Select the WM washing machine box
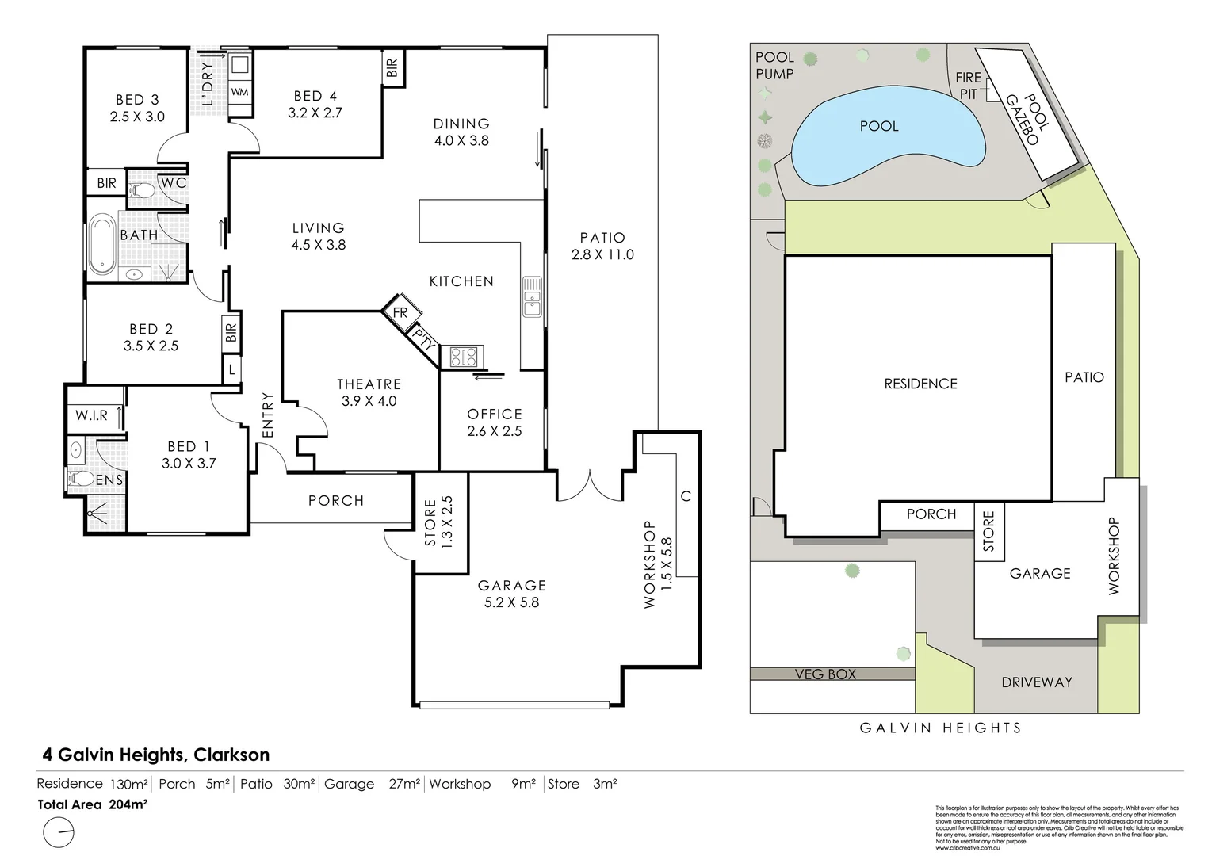(x=240, y=92)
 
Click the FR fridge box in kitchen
(x=400, y=312)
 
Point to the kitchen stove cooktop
(x=462, y=357)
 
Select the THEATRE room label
(x=369, y=384)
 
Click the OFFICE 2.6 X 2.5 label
(x=494, y=422)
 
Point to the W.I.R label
(x=91, y=415)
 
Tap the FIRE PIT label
(x=968, y=86)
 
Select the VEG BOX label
(x=825, y=674)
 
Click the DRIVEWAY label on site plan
(x=1036, y=682)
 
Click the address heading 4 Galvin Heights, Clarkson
(x=155, y=755)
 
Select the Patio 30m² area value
(x=299, y=784)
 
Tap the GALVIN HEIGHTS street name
(x=941, y=728)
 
